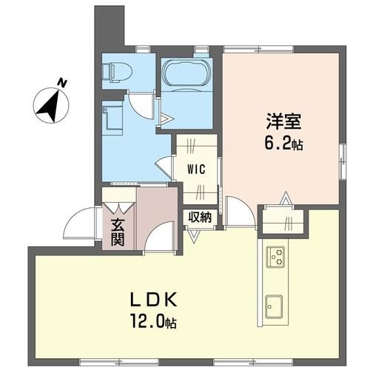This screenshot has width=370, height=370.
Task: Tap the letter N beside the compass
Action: [64, 83]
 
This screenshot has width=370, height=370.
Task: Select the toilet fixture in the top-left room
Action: [116, 72]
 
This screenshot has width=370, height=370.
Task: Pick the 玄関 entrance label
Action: [118, 231]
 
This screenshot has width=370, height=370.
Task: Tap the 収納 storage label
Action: [200, 218]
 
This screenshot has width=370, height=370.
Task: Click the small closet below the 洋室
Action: [286, 221]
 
